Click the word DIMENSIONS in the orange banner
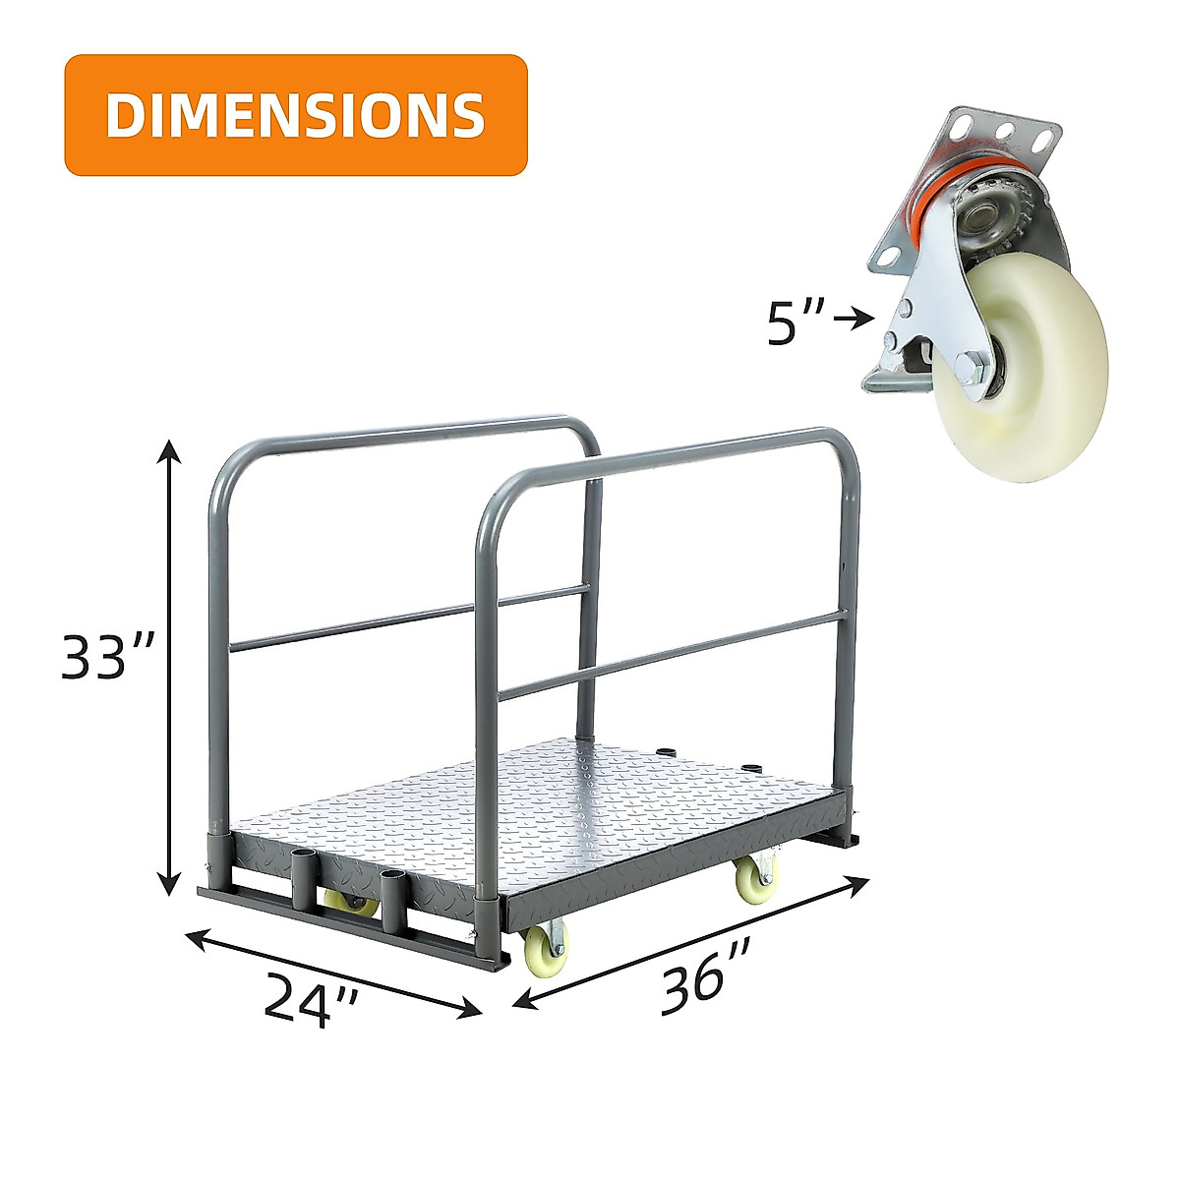point(295,115)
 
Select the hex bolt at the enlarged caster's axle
point(974,370)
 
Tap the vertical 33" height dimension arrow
point(171,669)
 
